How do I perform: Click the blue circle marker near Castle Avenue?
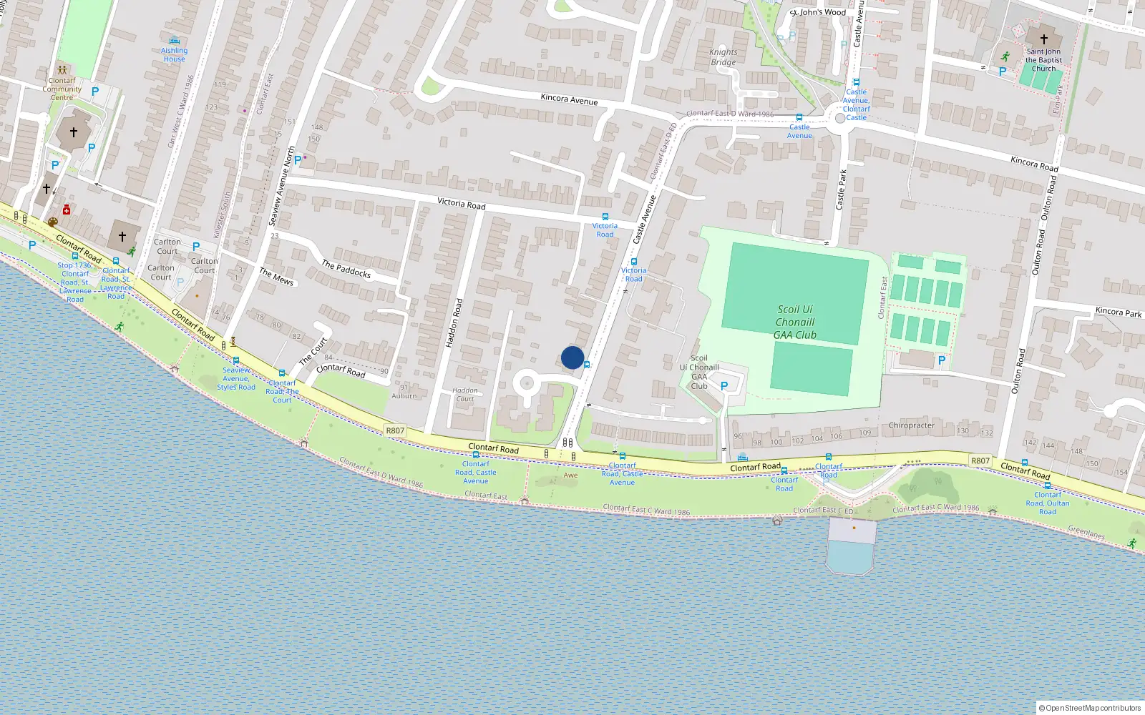point(572,357)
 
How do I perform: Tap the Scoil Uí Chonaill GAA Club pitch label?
point(795,322)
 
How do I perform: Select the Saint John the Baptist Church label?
point(1043,60)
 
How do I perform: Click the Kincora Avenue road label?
point(569,99)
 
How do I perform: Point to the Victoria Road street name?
point(462,204)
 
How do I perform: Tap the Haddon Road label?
point(454,323)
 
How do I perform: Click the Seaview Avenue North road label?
point(281,187)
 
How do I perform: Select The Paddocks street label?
point(346,269)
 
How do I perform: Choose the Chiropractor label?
point(911,425)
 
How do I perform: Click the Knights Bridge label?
point(723,57)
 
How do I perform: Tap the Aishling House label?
point(174,54)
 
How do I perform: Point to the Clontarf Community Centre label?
point(62,89)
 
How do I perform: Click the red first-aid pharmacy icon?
point(67,209)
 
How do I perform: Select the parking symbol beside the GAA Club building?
point(724,386)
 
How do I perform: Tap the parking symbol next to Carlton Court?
point(196,247)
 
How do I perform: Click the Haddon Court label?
point(465,395)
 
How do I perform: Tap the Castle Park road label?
point(842,189)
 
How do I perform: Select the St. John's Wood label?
point(818,12)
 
